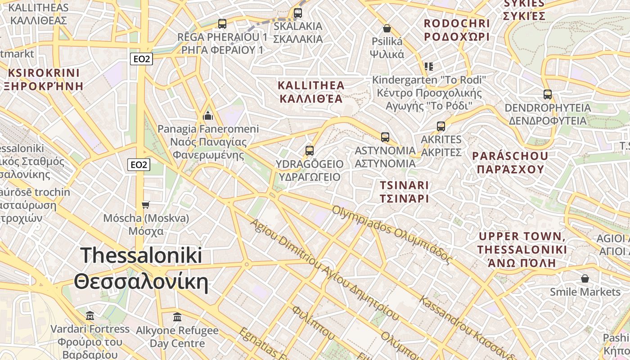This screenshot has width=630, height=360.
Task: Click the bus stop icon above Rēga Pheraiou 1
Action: click(222, 24)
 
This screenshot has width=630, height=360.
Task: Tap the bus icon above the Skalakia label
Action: click(297, 13)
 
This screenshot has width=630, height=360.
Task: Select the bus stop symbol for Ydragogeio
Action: click(309, 151)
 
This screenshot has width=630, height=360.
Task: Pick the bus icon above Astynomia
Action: click(385, 137)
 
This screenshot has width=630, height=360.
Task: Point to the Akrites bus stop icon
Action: click(441, 126)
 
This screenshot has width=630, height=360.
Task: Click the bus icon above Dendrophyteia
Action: click(547, 94)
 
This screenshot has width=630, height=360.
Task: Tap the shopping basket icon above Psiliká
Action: click(387, 29)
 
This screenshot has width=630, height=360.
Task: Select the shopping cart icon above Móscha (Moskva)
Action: click(145, 205)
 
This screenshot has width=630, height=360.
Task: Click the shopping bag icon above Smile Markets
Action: click(585, 279)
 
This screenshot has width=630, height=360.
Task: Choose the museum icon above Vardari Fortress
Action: click(90, 316)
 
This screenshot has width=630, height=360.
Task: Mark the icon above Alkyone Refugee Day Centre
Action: click(177, 317)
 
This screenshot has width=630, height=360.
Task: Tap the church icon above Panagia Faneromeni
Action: click(208, 116)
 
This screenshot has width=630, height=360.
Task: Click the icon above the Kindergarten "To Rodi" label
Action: click(429, 67)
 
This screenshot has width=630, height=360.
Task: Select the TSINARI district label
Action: click(404, 191)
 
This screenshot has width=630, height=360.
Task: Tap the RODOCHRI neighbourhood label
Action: click(456, 30)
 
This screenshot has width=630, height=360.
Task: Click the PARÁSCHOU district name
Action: click(510, 162)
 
